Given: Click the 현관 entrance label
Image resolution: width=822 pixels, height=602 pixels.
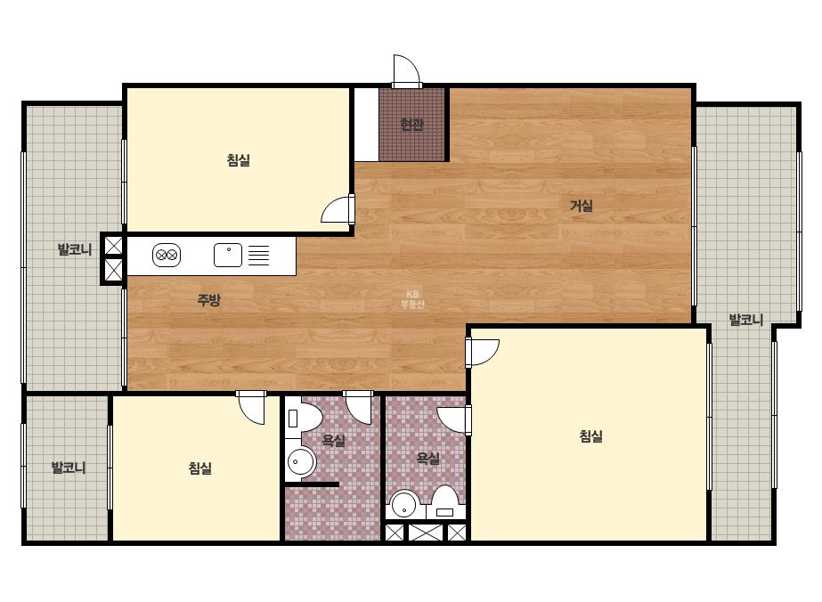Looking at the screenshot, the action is (x=411, y=125).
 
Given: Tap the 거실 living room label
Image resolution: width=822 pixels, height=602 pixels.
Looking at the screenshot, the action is (x=582, y=206).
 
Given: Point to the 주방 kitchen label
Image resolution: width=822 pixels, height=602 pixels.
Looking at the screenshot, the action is (x=208, y=300).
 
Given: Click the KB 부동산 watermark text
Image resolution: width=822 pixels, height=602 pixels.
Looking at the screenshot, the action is (x=412, y=299).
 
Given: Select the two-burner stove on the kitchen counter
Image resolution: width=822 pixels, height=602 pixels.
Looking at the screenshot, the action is (x=167, y=256).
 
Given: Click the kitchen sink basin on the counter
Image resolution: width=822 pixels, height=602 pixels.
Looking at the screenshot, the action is (x=228, y=256).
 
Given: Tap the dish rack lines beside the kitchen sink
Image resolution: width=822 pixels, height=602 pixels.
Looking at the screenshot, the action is (x=258, y=256).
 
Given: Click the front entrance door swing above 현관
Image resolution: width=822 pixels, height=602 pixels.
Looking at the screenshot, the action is (x=406, y=70).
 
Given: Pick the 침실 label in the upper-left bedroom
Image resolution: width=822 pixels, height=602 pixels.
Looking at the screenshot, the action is (x=239, y=160).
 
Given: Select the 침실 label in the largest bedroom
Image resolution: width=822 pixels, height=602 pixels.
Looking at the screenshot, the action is (x=590, y=436).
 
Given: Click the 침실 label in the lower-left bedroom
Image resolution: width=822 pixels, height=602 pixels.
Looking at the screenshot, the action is (x=199, y=468).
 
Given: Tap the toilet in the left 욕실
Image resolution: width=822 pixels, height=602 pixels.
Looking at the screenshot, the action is (x=303, y=418).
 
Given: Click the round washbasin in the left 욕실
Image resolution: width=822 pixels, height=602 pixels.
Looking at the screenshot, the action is (x=301, y=462).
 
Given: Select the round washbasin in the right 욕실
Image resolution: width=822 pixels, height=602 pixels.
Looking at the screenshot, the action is (x=403, y=504).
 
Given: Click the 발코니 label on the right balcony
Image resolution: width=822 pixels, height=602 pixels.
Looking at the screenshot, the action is (x=746, y=320).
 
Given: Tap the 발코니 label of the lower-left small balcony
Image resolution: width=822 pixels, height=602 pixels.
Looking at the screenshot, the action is (x=69, y=468).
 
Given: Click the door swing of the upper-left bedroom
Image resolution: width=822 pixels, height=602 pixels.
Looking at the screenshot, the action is (x=338, y=208).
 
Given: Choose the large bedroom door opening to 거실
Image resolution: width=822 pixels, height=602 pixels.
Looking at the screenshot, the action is (x=483, y=353).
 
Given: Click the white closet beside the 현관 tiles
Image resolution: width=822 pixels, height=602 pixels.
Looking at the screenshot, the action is (x=366, y=125).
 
